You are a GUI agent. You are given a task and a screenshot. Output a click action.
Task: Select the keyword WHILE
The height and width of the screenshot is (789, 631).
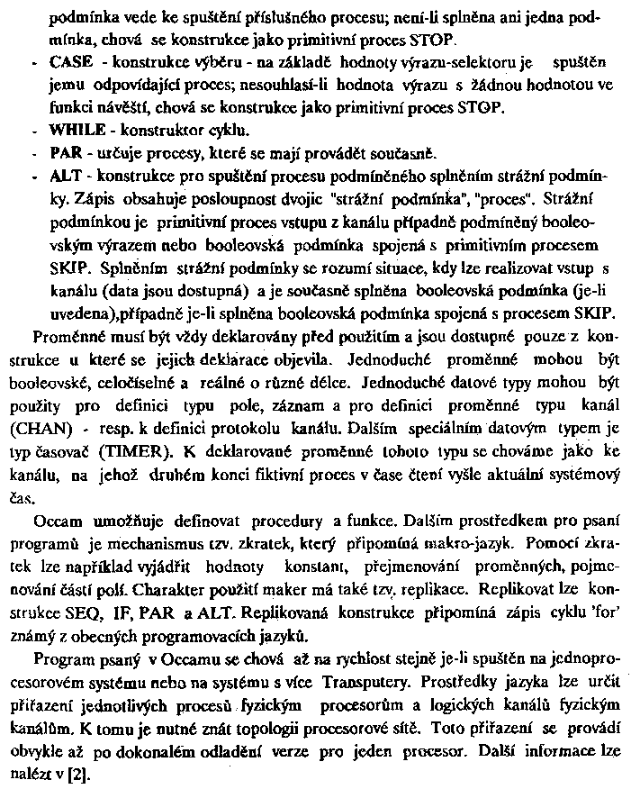point(76,129)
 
